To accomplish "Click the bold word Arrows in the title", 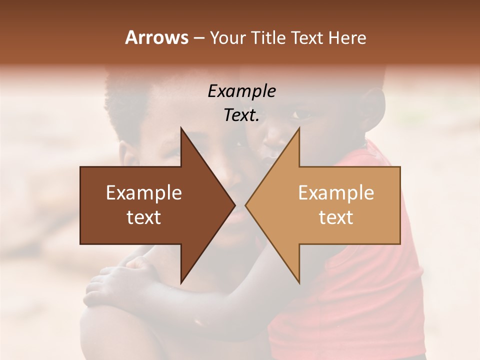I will [156, 37].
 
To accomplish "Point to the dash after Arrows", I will [198, 38].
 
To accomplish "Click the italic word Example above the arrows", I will [241, 91].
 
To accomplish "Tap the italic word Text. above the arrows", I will [241, 115].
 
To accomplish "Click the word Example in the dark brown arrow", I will [143, 193].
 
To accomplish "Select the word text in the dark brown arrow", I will [143, 217].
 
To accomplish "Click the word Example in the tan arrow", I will [336, 193].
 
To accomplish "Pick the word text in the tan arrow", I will [336, 217].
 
